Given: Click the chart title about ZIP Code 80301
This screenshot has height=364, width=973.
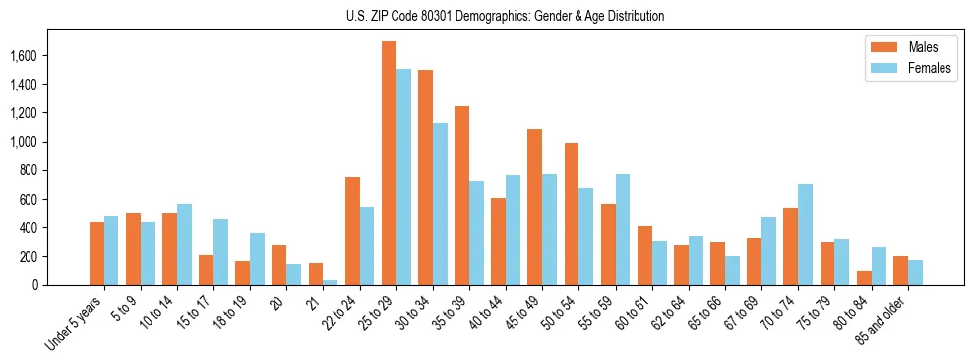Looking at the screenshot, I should pyautogui.click(x=505, y=16).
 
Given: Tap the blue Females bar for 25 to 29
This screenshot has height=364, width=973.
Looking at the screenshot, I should pyautogui.click(x=403, y=177).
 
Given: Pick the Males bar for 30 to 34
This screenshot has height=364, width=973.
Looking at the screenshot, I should pyautogui.click(x=425, y=177).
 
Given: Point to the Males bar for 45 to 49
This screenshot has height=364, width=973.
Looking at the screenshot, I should pyautogui.click(x=535, y=207).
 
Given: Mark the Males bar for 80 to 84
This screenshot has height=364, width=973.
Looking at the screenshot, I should pyautogui.click(x=864, y=277).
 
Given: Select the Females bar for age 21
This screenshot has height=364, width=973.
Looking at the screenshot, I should pyautogui.click(x=331, y=282).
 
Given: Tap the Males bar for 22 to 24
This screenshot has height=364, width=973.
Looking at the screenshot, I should pyautogui.click(x=352, y=231).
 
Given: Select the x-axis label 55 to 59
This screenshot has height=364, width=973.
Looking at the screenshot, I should pyautogui.click(x=595, y=313).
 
